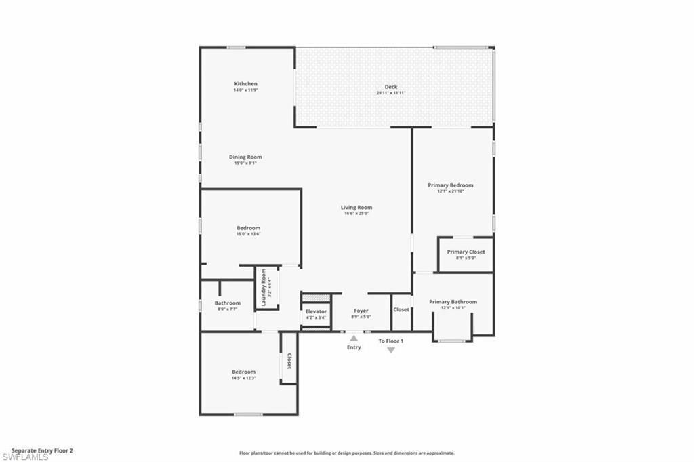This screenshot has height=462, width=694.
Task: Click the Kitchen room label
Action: coord(245,84)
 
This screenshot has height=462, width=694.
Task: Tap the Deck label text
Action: coord(391,87)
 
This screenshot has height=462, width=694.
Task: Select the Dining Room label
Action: coord(245,157)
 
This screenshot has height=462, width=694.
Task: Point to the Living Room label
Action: coord(356,208)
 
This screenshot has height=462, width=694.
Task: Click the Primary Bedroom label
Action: coord(451,185)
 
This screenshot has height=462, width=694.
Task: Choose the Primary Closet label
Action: coord(466,252)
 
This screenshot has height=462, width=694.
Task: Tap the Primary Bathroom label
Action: coord(453,302)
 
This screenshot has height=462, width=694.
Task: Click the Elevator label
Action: coord(316,311)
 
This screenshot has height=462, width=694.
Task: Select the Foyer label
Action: coord(361,311)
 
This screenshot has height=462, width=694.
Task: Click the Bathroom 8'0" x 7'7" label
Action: coord(228,303)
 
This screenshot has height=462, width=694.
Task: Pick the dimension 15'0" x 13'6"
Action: coord(248,234)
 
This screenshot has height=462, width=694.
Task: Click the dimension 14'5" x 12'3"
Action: coord(244,378)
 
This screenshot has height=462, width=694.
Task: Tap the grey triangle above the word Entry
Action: coord(354,337)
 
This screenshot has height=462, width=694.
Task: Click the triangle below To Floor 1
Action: coord(391,350)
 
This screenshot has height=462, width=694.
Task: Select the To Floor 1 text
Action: coord(391,341)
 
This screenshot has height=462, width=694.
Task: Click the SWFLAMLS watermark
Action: coord(25,456)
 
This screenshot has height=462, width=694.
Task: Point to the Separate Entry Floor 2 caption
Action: coord(42,450)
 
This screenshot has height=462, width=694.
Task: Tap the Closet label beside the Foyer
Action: coord(401,310)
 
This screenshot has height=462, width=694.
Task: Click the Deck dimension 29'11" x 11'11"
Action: coord(391,93)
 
